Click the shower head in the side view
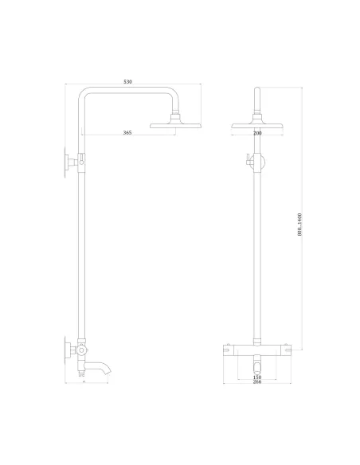[174, 124]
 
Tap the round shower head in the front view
[256, 124]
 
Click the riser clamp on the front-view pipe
[256, 162]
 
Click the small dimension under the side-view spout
[84, 381]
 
